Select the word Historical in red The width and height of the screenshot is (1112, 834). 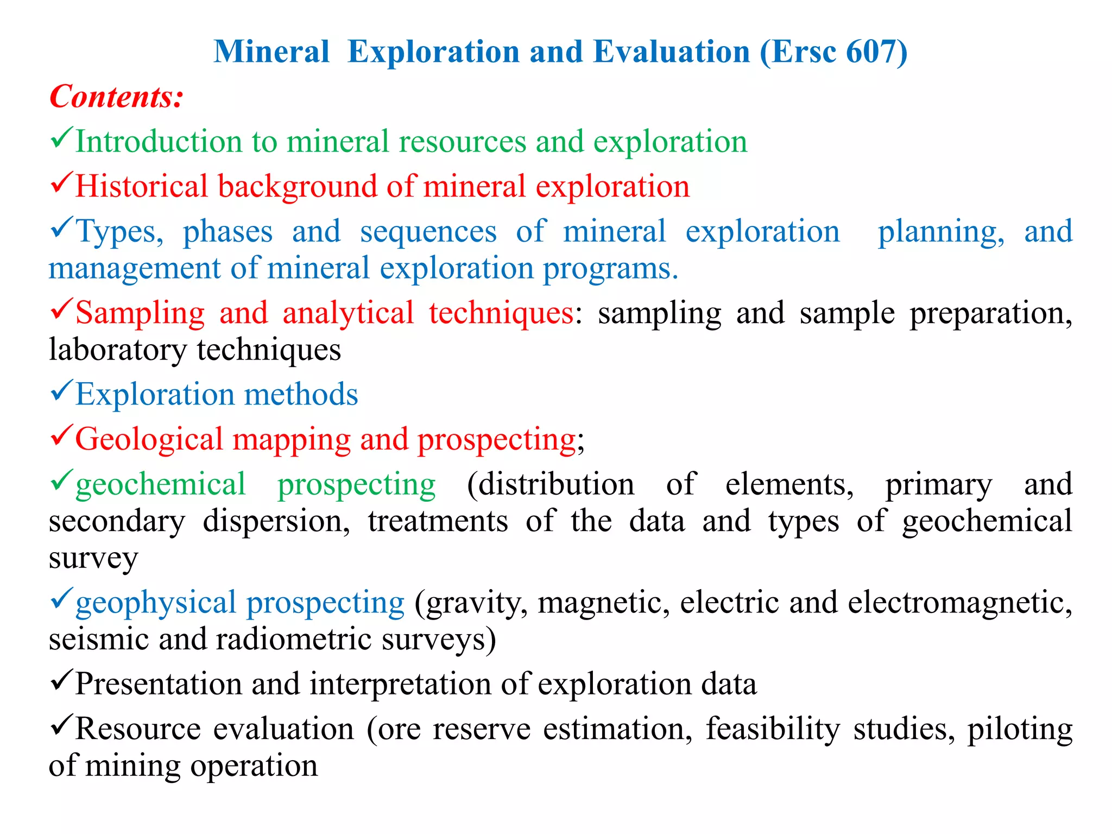[x=141, y=186]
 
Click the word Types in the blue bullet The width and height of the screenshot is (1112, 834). [x=119, y=232]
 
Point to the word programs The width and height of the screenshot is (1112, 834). [x=610, y=269]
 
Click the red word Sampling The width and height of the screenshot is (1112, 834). [x=140, y=313]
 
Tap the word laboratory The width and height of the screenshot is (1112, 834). [x=117, y=350]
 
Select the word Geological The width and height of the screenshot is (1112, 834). [x=149, y=439]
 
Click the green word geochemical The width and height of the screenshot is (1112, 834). [x=161, y=484]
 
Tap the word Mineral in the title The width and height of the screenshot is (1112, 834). [x=271, y=52]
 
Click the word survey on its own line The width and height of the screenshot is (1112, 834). [x=93, y=558]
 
